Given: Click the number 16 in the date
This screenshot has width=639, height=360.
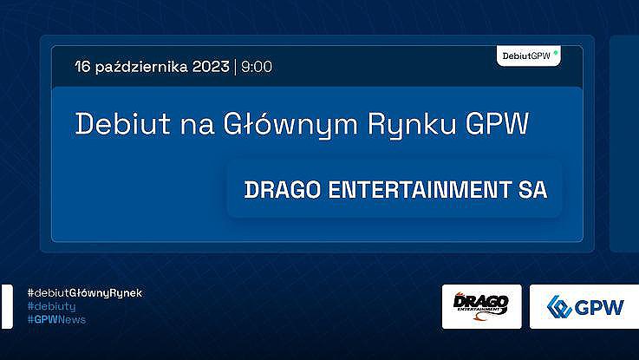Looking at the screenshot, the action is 82,67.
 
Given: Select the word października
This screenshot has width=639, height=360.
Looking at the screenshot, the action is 141,67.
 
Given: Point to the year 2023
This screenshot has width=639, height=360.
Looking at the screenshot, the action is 211,67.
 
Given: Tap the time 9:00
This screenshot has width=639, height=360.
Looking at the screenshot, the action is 257,67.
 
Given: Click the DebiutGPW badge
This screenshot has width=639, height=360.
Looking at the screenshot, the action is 529,56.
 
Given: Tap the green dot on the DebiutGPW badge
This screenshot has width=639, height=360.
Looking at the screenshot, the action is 556,53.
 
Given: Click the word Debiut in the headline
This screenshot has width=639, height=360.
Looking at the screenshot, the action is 122,123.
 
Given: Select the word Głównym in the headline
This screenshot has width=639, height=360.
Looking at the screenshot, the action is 290,125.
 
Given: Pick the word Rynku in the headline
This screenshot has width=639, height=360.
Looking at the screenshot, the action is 412,125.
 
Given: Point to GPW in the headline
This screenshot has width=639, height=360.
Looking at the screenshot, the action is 497,123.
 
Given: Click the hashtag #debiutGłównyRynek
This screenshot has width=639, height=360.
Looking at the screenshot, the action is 85,293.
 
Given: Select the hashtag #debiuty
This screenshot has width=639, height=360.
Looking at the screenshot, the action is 51,306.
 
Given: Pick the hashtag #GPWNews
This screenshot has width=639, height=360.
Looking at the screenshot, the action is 56,319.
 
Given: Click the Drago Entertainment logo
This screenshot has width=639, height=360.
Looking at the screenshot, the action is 481,305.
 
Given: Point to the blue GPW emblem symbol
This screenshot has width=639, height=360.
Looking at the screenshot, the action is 559,306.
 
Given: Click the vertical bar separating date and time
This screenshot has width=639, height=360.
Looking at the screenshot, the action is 235,67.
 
